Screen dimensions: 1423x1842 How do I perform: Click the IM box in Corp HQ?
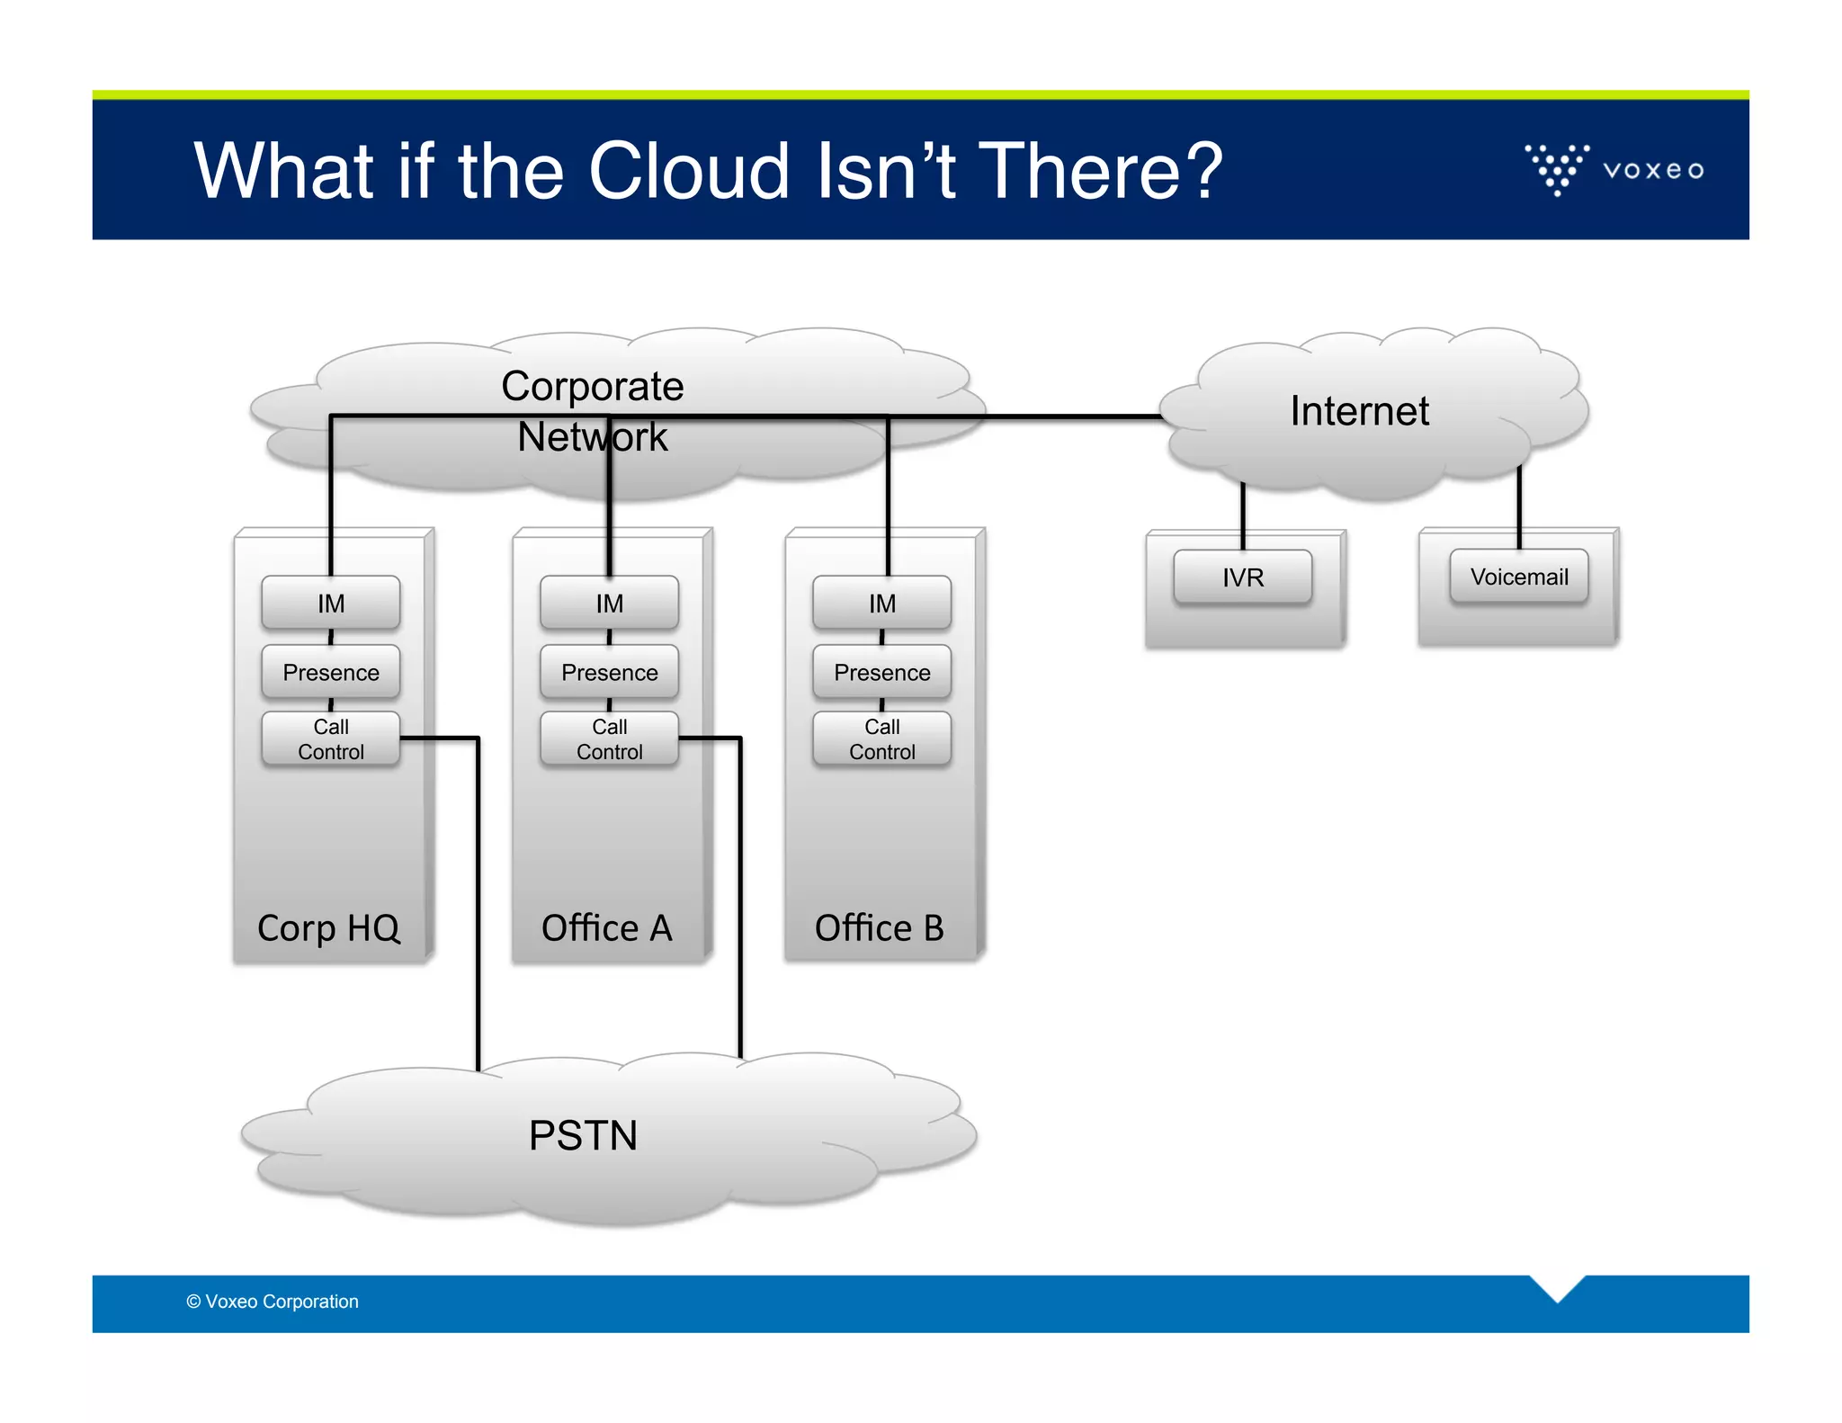(330, 603)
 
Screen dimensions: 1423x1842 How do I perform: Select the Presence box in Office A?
(609, 672)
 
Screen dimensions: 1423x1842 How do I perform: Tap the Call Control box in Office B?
(881, 738)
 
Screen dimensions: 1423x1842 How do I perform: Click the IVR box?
(1242, 577)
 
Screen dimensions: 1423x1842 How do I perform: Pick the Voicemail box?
(1518, 577)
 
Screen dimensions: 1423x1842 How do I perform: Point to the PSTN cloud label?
(583, 1135)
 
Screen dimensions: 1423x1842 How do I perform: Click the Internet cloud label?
(1359, 411)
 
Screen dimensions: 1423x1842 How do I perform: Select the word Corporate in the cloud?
(592, 387)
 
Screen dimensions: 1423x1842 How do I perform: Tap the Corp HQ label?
(328, 928)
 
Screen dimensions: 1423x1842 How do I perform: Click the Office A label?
(607, 928)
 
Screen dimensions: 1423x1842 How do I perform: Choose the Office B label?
(880, 928)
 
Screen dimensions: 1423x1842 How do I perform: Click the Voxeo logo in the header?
(1614, 169)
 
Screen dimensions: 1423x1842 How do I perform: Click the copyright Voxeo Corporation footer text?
(273, 1302)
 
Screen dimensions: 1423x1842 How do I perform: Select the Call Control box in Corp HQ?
(330, 738)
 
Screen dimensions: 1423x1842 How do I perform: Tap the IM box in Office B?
(881, 603)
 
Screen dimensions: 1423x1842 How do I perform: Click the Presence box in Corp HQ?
(330, 672)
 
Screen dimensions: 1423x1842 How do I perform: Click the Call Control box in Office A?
(609, 738)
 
